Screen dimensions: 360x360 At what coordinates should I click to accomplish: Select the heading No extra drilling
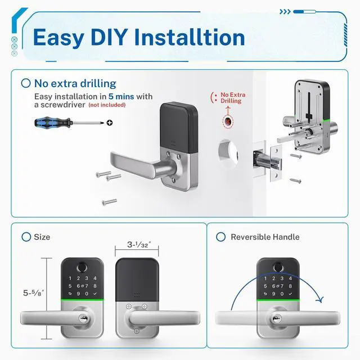click(75, 83)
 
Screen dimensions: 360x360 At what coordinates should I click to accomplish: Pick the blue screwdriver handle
click(48, 121)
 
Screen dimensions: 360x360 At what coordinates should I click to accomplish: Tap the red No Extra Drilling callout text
click(231, 98)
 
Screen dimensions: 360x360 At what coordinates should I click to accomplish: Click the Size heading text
click(42, 237)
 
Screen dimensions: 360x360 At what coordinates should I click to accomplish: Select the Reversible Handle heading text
click(265, 237)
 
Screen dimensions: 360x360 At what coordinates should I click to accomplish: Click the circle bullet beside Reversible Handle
click(220, 237)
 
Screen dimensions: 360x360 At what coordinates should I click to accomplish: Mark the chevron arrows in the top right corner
click(286, 11)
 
